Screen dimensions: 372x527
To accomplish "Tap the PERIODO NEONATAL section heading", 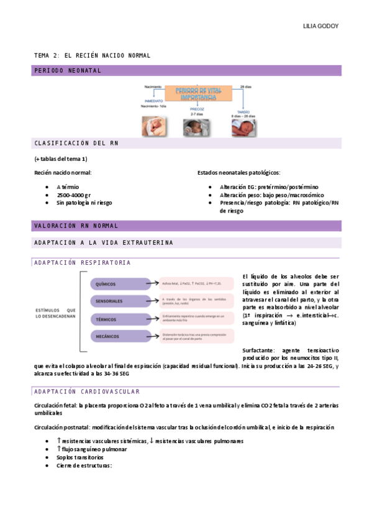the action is click(x=68, y=71).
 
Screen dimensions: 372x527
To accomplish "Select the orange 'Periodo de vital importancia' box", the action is click(x=198, y=94).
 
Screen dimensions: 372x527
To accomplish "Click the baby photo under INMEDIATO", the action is click(x=153, y=126).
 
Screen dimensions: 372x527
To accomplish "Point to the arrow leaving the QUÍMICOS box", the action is click(x=155, y=284).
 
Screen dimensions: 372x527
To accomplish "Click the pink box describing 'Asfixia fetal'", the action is click(x=196, y=284).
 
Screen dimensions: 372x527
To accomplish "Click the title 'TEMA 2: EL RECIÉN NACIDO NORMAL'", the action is click(x=92, y=56).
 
